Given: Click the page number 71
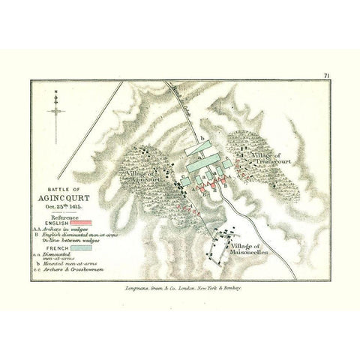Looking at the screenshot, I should (x=328, y=76).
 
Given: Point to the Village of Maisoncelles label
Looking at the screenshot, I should (x=246, y=250).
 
